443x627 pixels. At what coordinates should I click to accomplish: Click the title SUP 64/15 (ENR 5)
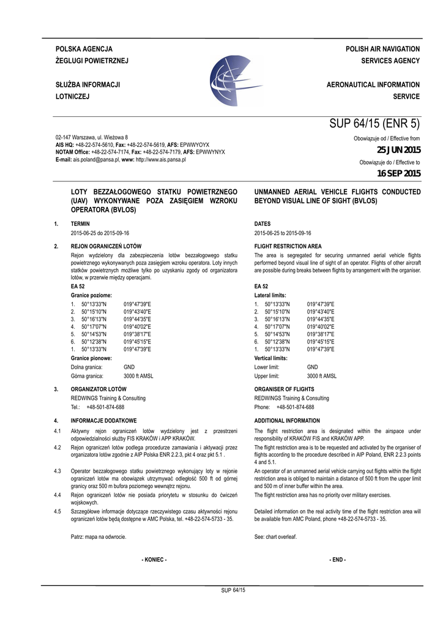tap(374, 123)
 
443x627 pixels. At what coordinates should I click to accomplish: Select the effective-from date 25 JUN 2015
tap(398, 150)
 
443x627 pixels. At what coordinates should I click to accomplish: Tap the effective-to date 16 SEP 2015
tap(398, 175)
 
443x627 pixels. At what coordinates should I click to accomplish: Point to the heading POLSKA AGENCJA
tap(84, 48)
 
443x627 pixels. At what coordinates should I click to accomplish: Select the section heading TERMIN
tap(81, 224)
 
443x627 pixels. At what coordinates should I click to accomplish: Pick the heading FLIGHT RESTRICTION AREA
tap(288, 246)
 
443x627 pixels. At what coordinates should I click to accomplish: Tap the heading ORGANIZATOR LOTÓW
tap(99, 389)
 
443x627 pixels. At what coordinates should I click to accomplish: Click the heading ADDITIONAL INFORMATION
tap(287, 421)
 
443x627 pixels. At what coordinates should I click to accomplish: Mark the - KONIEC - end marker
tap(154, 560)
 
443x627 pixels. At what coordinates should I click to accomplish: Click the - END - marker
tap(337, 560)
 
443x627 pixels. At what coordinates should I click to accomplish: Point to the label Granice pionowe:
tap(91, 358)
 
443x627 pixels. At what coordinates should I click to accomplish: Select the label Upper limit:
tap(267, 376)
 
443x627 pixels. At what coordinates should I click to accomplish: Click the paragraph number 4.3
tap(57, 470)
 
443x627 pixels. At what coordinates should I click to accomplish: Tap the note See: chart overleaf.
tap(275, 536)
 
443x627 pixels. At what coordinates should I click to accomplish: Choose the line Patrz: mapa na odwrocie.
tap(99, 536)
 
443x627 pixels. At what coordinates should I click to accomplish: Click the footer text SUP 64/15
tap(233, 590)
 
